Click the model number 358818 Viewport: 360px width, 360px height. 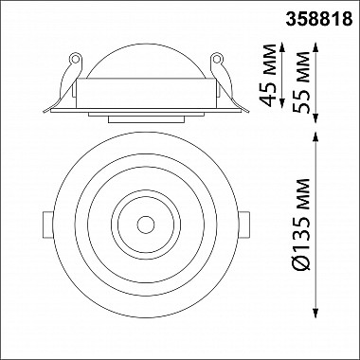point(319,20)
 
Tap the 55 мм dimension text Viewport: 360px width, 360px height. point(301,81)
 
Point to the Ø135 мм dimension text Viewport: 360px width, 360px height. point(301,225)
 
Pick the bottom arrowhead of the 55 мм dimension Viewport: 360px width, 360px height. point(315,118)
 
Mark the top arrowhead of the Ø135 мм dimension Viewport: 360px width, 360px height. point(315,136)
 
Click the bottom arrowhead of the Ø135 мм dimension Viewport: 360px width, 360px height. point(315,314)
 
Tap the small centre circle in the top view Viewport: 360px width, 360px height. point(146,225)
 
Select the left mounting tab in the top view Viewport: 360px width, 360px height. point(48,225)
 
